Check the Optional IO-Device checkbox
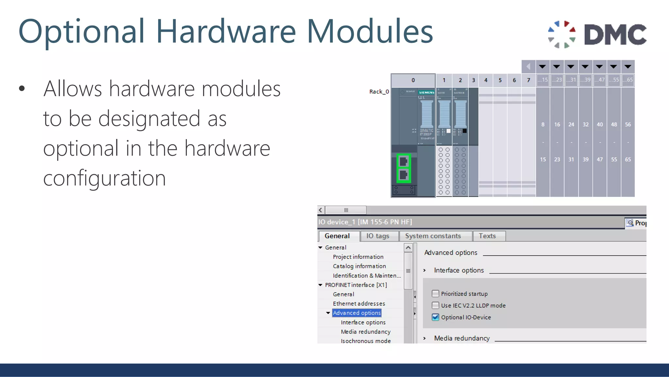click(x=435, y=317)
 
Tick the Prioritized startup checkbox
click(x=435, y=294)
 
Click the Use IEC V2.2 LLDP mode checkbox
click(x=435, y=305)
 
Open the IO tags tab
click(x=378, y=236)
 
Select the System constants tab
click(x=433, y=236)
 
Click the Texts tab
click(x=487, y=236)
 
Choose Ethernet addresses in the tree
click(x=359, y=304)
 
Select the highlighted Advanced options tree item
click(x=357, y=313)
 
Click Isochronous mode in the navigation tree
click(x=366, y=341)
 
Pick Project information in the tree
click(x=358, y=257)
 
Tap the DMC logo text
click(x=615, y=35)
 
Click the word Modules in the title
click(x=370, y=31)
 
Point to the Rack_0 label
click(x=379, y=92)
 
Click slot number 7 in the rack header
click(x=529, y=80)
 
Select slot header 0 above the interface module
click(x=413, y=80)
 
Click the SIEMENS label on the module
click(x=427, y=93)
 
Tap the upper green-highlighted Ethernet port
click(x=404, y=161)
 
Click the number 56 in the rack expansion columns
click(x=628, y=125)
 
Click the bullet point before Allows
click(x=22, y=88)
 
